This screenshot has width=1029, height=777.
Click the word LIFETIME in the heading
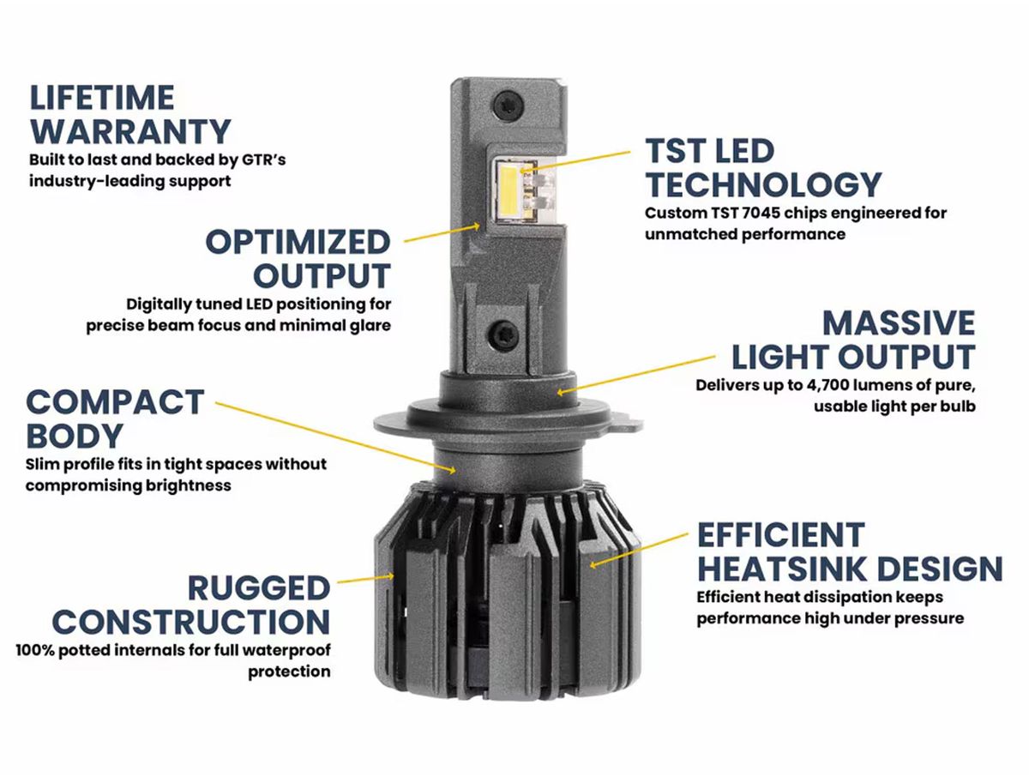pyautogui.click(x=102, y=98)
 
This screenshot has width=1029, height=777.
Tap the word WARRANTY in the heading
pyautogui.click(x=131, y=132)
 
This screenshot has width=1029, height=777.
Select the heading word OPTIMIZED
pyautogui.click(x=298, y=243)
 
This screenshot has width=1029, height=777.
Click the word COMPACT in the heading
pyautogui.click(x=115, y=402)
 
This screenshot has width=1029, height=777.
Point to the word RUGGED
pyautogui.click(x=259, y=588)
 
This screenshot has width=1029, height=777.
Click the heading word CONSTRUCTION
pyautogui.click(x=191, y=622)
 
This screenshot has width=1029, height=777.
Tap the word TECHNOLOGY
pyautogui.click(x=764, y=184)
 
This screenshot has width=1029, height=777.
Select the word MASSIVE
pyautogui.click(x=900, y=322)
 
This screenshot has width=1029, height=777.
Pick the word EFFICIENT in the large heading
pyautogui.click(x=781, y=535)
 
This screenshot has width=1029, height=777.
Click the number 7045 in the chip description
pyautogui.click(x=761, y=214)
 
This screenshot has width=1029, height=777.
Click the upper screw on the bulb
pyautogui.click(x=508, y=102)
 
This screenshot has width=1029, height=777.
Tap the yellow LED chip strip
pyautogui.click(x=508, y=191)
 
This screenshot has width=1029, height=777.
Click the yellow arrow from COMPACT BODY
pyautogui.click(x=335, y=436)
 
